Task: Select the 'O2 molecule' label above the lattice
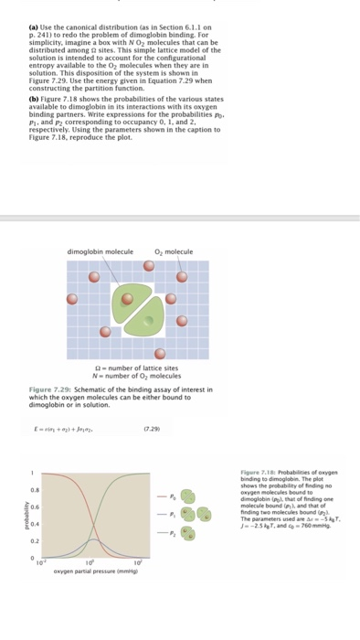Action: click(x=174, y=252)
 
